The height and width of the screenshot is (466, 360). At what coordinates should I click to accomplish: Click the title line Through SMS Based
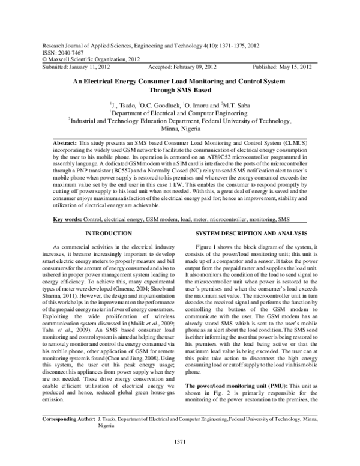(181, 89)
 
